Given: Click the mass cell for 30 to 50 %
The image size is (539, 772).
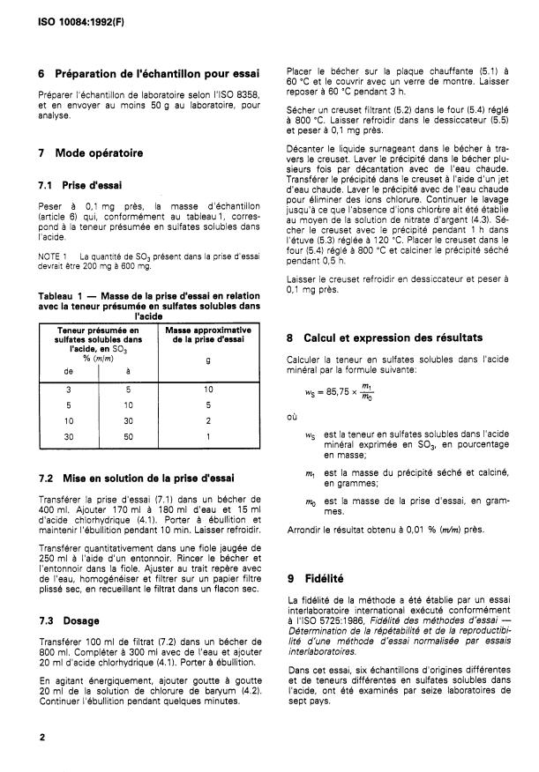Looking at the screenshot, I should coord(208,434).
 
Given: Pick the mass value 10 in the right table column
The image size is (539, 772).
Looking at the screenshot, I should coord(208,388).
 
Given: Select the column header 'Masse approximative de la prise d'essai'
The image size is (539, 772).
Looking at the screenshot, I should coord(208,334).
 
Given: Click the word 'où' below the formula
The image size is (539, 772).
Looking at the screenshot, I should coord(293,417).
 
